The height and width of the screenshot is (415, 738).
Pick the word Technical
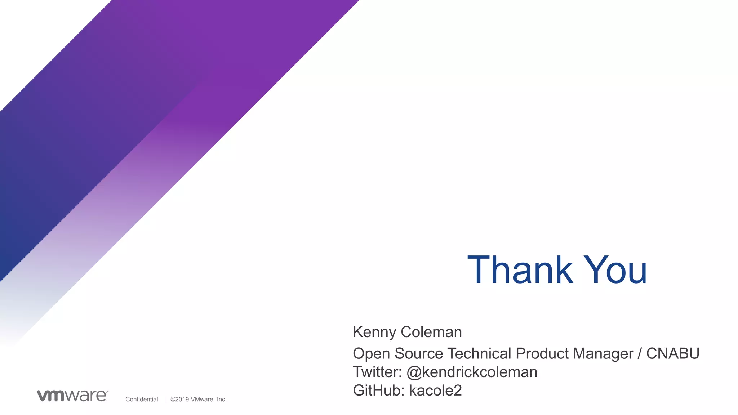pyautogui.click(x=479, y=353)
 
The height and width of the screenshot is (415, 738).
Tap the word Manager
pyautogui.click(x=603, y=354)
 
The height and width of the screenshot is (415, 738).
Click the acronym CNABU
pyautogui.click(x=673, y=353)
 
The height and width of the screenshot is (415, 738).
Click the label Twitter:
pyautogui.click(x=377, y=372)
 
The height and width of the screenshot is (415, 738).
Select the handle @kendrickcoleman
pyautogui.click(x=472, y=372)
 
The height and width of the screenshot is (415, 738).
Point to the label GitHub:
pyautogui.click(x=378, y=391)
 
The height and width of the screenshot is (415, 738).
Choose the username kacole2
pyautogui.click(x=435, y=391)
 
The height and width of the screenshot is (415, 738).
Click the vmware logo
pyautogui.click(x=72, y=396)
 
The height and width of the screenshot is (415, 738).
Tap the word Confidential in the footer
pyautogui.click(x=142, y=399)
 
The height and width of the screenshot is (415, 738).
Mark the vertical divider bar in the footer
pyautogui.click(x=165, y=399)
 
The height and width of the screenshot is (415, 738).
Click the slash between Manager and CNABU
pyautogui.click(x=640, y=354)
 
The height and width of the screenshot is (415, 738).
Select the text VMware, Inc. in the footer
pyautogui.click(x=209, y=399)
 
